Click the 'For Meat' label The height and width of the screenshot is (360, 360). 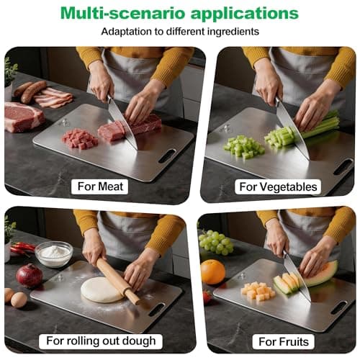point(101,186)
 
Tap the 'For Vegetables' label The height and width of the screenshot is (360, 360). point(278,186)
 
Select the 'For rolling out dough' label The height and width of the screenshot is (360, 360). point(101,340)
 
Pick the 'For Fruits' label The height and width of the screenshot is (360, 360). point(278,340)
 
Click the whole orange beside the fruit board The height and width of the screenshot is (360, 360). point(213,272)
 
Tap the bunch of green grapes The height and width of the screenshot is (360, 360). point(216,242)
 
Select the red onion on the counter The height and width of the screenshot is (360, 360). point(30,275)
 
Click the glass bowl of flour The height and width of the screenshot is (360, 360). point(54,253)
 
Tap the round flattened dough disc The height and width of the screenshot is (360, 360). point(102,289)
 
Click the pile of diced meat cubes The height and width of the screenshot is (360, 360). point(78,138)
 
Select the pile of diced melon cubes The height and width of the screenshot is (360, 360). point(257,291)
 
